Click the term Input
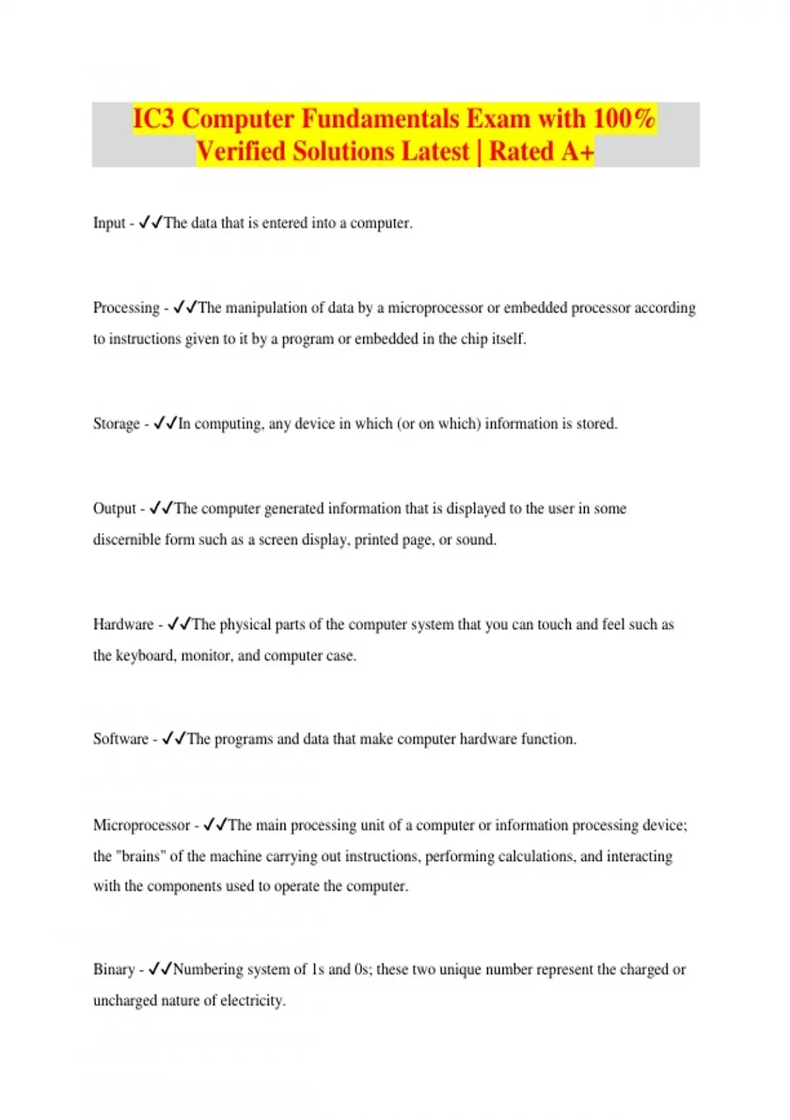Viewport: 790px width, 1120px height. click(x=109, y=223)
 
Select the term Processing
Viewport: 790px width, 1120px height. click(x=126, y=308)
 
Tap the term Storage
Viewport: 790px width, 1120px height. click(x=116, y=424)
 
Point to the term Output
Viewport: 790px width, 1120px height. click(x=115, y=509)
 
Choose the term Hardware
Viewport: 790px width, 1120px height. click(x=123, y=625)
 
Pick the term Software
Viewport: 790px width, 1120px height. click(x=120, y=739)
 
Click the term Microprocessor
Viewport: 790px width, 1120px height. click(x=142, y=826)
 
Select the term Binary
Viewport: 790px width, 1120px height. click(x=114, y=970)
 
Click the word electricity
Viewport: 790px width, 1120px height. click(x=253, y=1001)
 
